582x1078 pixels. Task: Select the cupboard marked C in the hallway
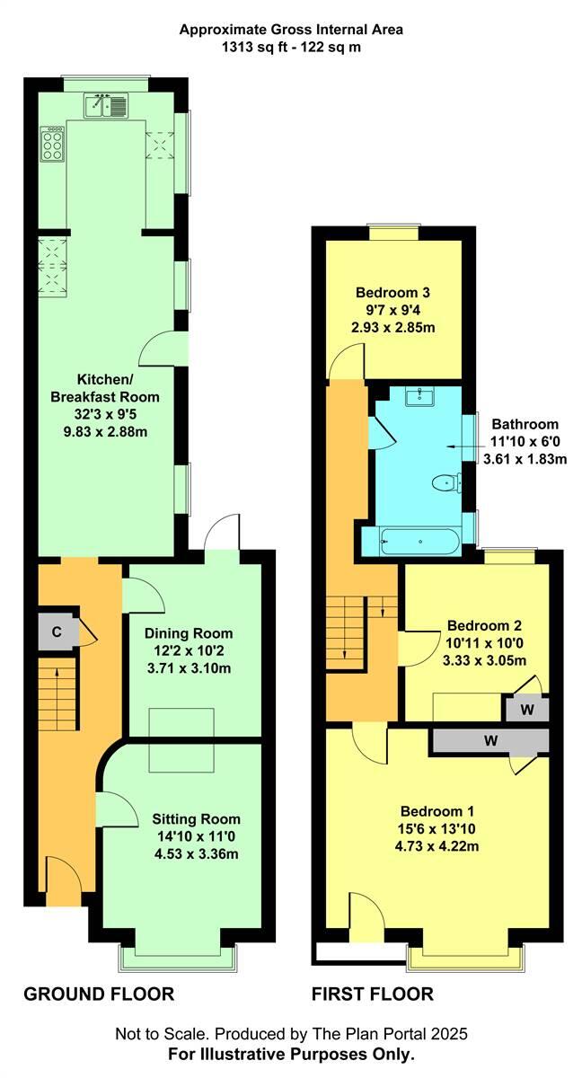(x=56, y=632)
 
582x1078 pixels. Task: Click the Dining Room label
(x=189, y=632)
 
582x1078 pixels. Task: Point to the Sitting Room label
(x=196, y=818)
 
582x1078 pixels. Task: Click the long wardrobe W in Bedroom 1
(x=490, y=741)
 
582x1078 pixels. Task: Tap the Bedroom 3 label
(x=392, y=292)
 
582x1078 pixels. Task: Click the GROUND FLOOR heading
(x=98, y=994)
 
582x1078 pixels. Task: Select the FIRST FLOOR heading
(x=372, y=994)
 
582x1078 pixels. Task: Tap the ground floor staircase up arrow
(x=56, y=671)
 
